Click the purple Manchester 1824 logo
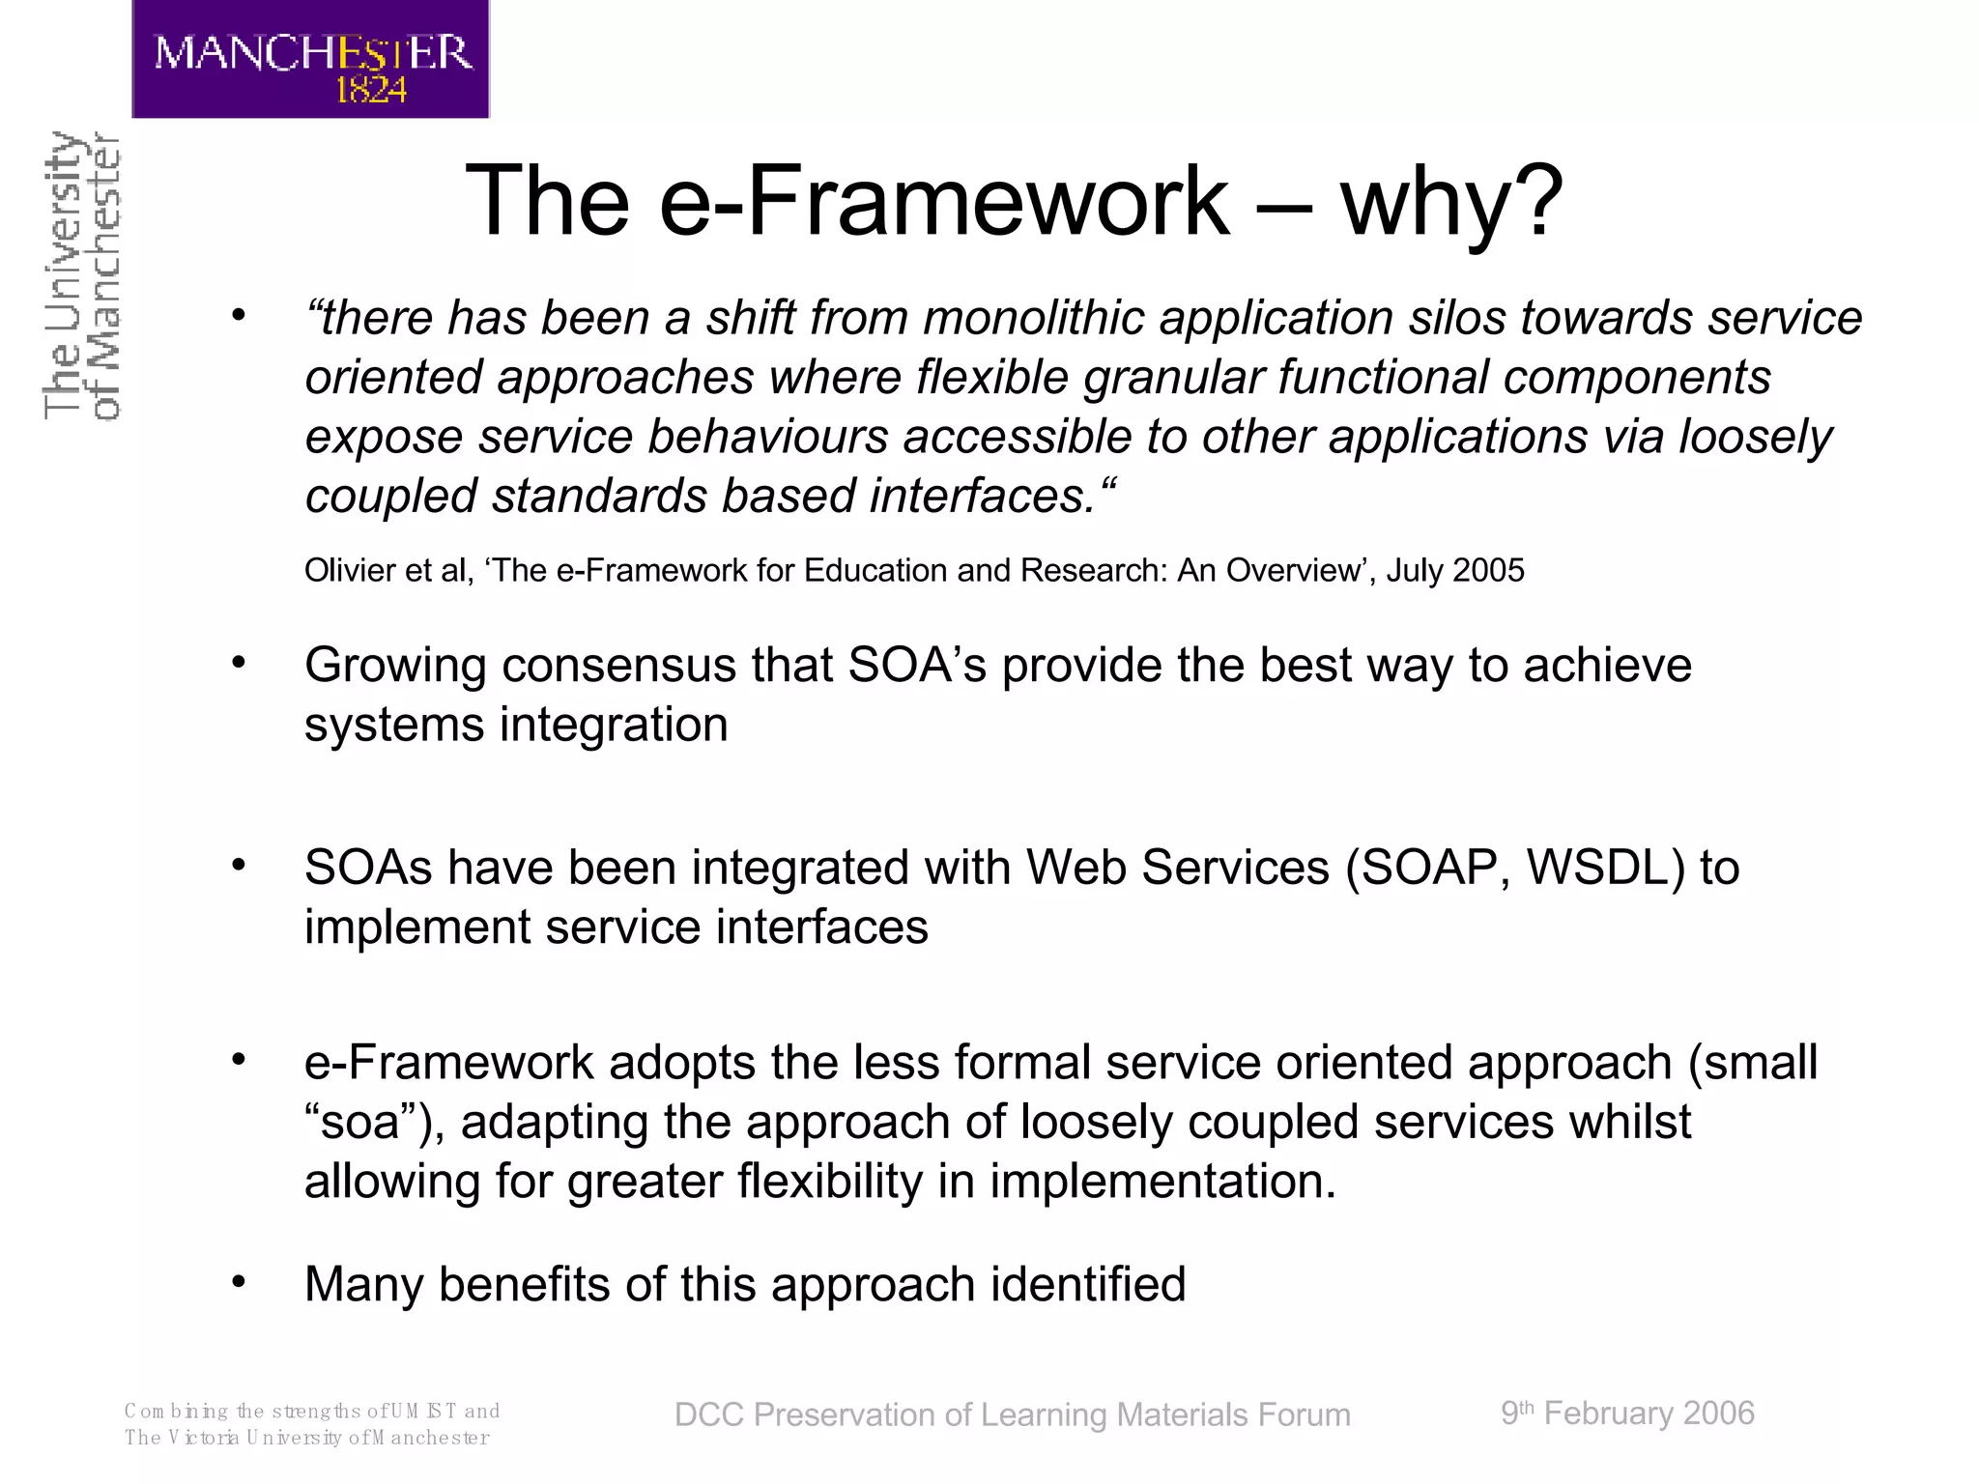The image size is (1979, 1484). click(310, 58)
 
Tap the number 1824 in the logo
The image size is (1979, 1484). click(370, 91)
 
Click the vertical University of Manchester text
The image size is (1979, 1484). click(82, 275)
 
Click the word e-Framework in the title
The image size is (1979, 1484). click(944, 200)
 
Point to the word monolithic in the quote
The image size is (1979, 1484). click(1033, 318)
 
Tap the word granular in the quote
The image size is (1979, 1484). click(1173, 378)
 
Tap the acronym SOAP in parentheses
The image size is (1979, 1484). click(1429, 867)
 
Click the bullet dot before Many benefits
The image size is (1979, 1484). click(239, 1282)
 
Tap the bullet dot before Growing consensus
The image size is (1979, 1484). click(239, 663)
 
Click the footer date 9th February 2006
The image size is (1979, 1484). click(1627, 1413)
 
